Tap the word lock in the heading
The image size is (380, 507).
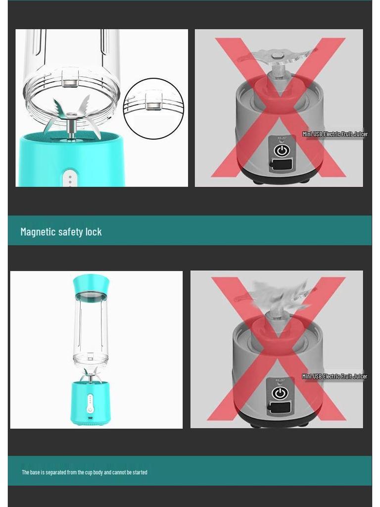click(x=93, y=232)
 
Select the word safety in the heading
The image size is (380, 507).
click(x=70, y=232)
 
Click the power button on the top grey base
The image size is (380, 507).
click(x=281, y=150)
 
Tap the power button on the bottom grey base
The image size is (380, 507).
click(x=280, y=393)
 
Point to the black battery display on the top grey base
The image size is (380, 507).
click(x=281, y=164)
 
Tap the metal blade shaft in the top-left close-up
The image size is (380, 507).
click(x=71, y=128)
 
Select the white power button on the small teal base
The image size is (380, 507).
click(x=90, y=408)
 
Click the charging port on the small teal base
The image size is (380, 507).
click(x=90, y=420)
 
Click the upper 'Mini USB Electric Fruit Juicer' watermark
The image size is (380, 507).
click(x=335, y=134)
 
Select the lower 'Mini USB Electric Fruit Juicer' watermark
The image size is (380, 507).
click(x=335, y=376)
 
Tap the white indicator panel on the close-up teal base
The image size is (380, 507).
click(x=70, y=179)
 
